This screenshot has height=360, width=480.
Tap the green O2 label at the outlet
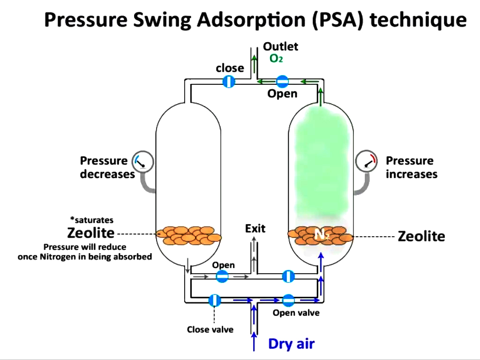[x=276, y=59]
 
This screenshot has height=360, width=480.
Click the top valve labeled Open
[x=282, y=82]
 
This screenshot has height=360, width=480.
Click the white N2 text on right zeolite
[x=322, y=235]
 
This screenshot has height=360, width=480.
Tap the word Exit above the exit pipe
[x=255, y=228]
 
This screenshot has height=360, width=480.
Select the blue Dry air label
[x=291, y=344]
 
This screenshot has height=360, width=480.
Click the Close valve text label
[x=210, y=330]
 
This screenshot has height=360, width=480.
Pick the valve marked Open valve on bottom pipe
[x=288, y=300]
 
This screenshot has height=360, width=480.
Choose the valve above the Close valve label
[x=214, y=300]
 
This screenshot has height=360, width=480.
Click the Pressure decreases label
[x=107, y=167]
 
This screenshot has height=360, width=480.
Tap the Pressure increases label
[x=411, y=167]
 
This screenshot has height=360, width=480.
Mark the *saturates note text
[x=92, y=220]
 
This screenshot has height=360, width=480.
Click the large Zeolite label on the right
[x=421, y=236]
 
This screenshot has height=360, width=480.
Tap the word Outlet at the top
[x=280, y=46]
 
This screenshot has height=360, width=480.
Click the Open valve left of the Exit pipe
[x=222, y=277]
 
